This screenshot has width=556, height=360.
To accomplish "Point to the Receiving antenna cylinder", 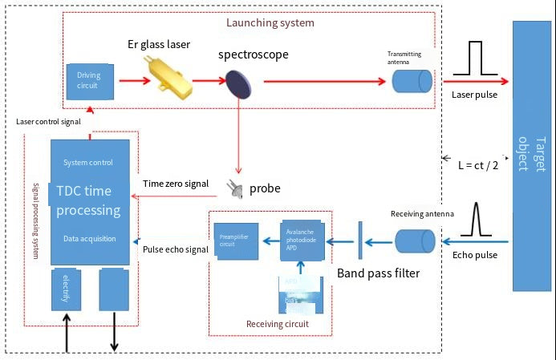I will tap(415, 241).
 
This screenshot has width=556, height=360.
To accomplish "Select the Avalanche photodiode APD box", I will tap(302, 240).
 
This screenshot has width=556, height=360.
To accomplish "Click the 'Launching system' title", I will tap(270, 22).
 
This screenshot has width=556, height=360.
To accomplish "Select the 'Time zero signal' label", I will tap(177, 183).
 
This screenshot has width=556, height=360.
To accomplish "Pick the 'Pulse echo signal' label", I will tap(176, 249).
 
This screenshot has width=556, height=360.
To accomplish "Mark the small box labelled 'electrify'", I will tap(67, 290).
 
